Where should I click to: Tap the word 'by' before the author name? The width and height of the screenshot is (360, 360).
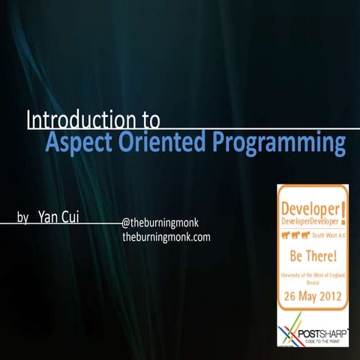coord(23,218)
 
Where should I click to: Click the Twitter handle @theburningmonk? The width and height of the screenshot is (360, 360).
coord(159,223)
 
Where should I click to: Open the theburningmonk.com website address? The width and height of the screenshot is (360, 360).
coord(166,237)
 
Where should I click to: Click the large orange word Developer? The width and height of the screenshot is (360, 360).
coord(307,206)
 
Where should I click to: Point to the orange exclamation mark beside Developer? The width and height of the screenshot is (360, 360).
coord(343,212)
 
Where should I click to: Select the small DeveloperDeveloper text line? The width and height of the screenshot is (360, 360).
coord(307,221)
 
